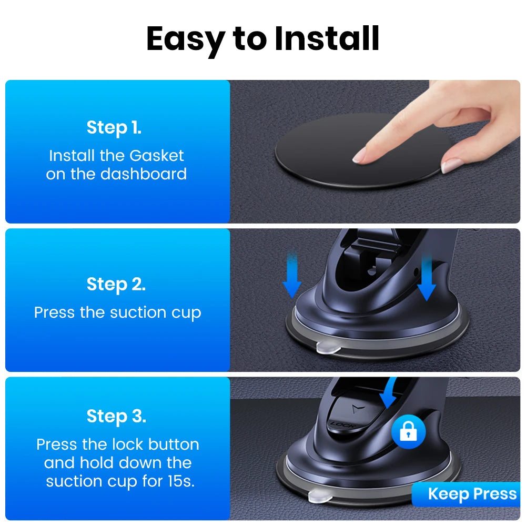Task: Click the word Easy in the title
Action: tap(186, 39)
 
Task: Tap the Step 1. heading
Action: tap(114, 128)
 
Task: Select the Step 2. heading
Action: tap(116, 284)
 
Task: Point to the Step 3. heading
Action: tap(116, 416)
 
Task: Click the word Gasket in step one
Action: tap(157, 156)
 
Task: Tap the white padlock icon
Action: tap(409, 431)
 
